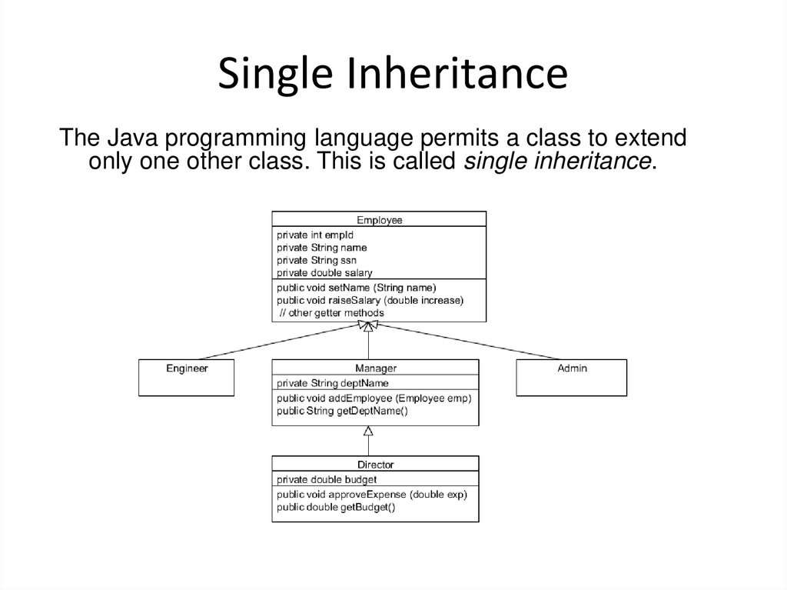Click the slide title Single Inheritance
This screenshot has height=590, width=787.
click(393, 75)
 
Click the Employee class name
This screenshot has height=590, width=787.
click(379, 220)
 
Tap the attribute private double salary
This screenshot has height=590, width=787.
click(324, 272)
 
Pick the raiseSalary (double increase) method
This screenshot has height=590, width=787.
click(370, 300)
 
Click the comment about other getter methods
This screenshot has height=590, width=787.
click(331, 313)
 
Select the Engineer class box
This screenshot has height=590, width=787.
click(187, 377)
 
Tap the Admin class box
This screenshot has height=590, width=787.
click(571, 377)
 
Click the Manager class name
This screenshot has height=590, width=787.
click(376, 368)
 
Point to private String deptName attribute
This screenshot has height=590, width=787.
click(333, 382)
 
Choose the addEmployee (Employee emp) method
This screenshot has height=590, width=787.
click(374, 398)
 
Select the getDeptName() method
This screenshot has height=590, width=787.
click(342, 411)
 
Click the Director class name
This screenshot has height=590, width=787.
click(376, 465)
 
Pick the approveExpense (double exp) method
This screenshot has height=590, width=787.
click(371, 494)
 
